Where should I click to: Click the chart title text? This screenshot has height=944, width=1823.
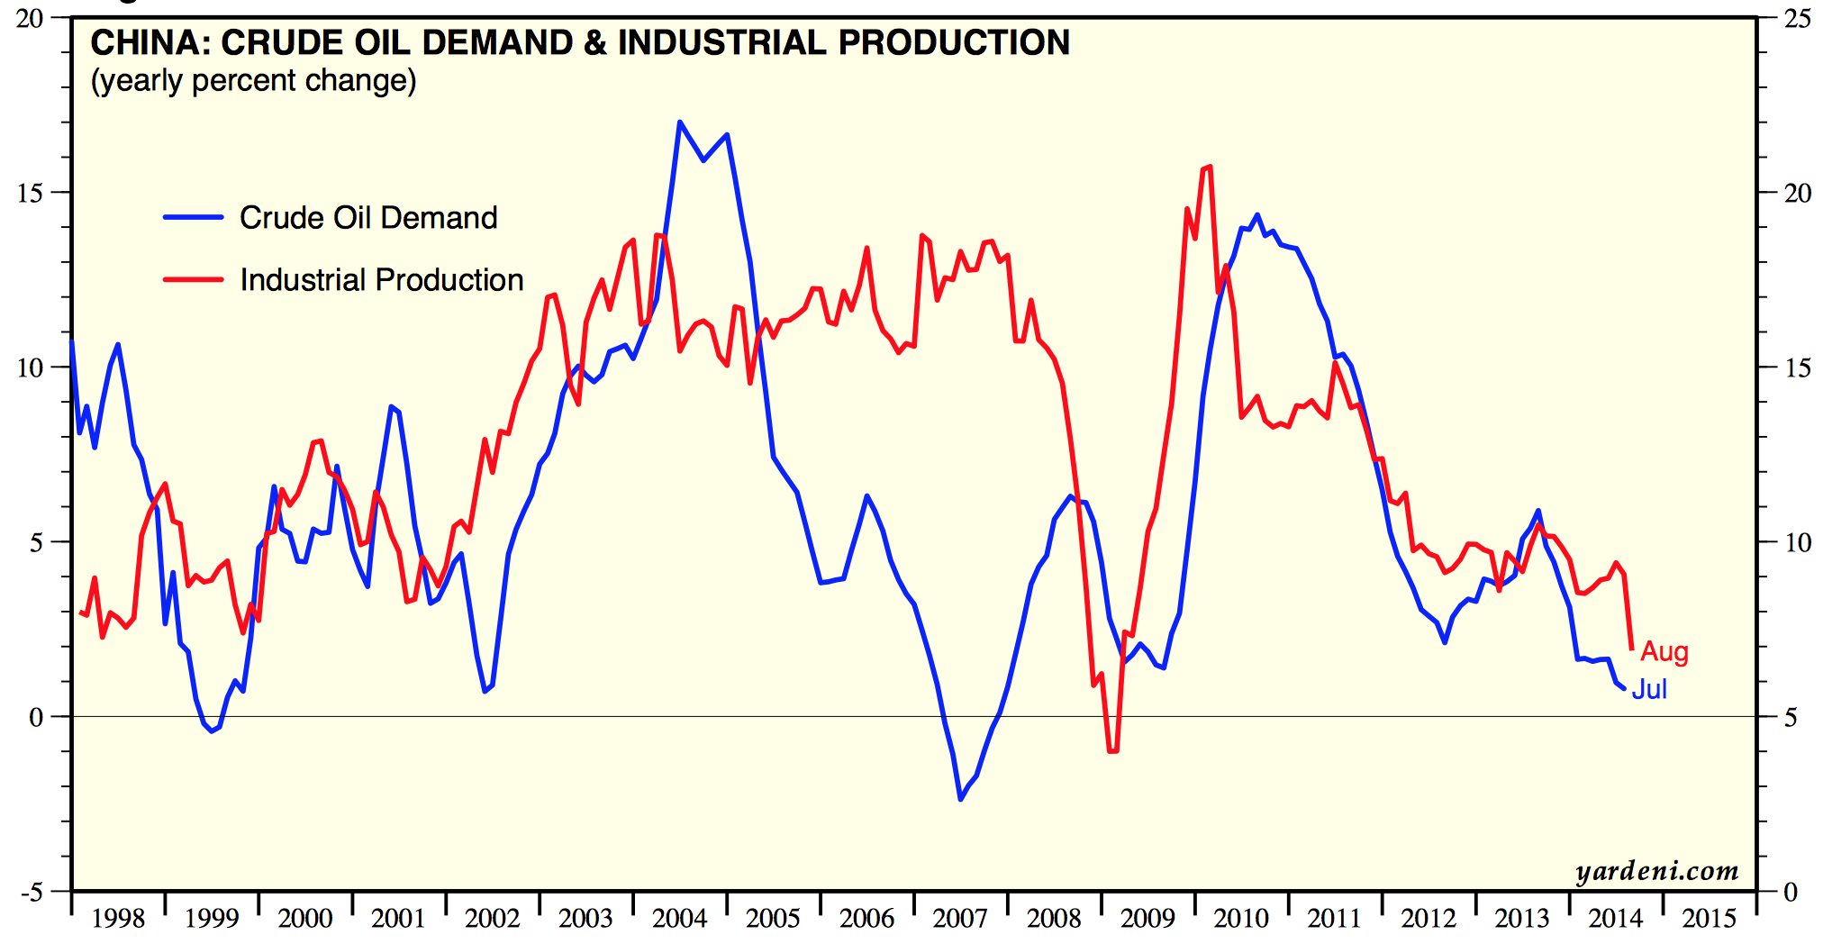pos(580,43)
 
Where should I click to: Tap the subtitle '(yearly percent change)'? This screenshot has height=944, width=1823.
pos(253,81)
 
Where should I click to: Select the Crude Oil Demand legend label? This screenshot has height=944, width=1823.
pos(368,218)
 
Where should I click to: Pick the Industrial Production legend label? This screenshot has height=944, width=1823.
pos(382,280)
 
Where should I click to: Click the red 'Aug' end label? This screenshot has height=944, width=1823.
pos(1664,651)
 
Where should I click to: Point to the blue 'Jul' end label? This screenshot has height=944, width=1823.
pos(1649,689)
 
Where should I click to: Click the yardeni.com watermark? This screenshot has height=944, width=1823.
pos(1656,871)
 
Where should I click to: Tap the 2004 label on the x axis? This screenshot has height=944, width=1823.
pos(679,919)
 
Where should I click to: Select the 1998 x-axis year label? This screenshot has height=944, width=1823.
pos(118,919)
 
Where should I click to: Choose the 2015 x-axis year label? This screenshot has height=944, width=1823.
pos(1709,919)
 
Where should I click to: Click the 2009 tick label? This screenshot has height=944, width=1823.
pos(1147,919)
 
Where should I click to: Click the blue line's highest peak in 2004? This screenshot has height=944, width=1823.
pos(680,122)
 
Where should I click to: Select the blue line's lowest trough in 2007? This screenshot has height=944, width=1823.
pos(961,799)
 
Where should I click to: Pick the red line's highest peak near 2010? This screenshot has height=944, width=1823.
pos(1209,167)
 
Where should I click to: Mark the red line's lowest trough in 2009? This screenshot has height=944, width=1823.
pos(1113,750)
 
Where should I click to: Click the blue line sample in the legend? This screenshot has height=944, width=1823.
pos(193,218)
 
